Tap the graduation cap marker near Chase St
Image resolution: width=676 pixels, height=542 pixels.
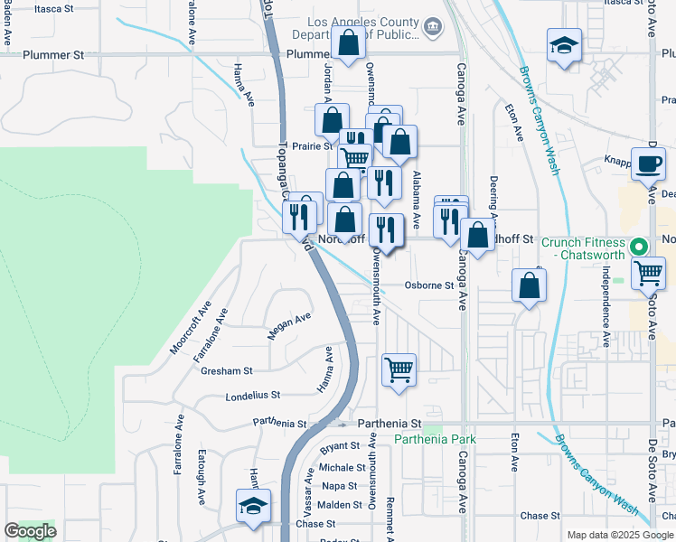point(253,505)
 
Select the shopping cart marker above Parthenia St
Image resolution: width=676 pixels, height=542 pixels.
point(399,369)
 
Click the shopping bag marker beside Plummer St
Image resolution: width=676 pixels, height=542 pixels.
point(348,42)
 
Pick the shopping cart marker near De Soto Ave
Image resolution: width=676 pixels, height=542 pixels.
point(648,271)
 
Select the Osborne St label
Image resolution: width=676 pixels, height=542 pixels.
point(427,285)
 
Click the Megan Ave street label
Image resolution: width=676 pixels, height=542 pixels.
point(289,326)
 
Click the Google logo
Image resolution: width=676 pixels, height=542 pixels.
point(30,531)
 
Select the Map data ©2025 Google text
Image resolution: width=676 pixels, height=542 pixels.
point(620,535)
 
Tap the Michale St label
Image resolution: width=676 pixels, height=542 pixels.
point(342,468)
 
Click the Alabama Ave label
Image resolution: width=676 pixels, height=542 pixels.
point(417,199)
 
